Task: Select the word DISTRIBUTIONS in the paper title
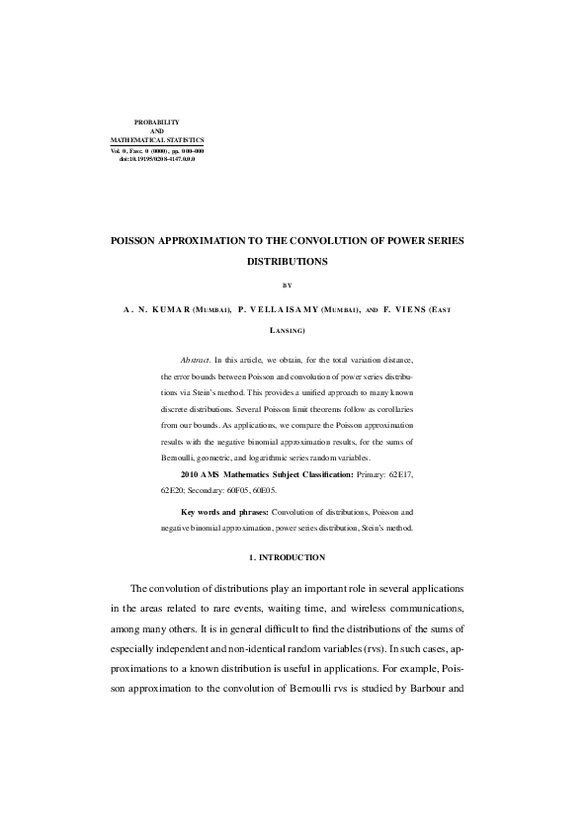pyautogui.click(x=287, y=263)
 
